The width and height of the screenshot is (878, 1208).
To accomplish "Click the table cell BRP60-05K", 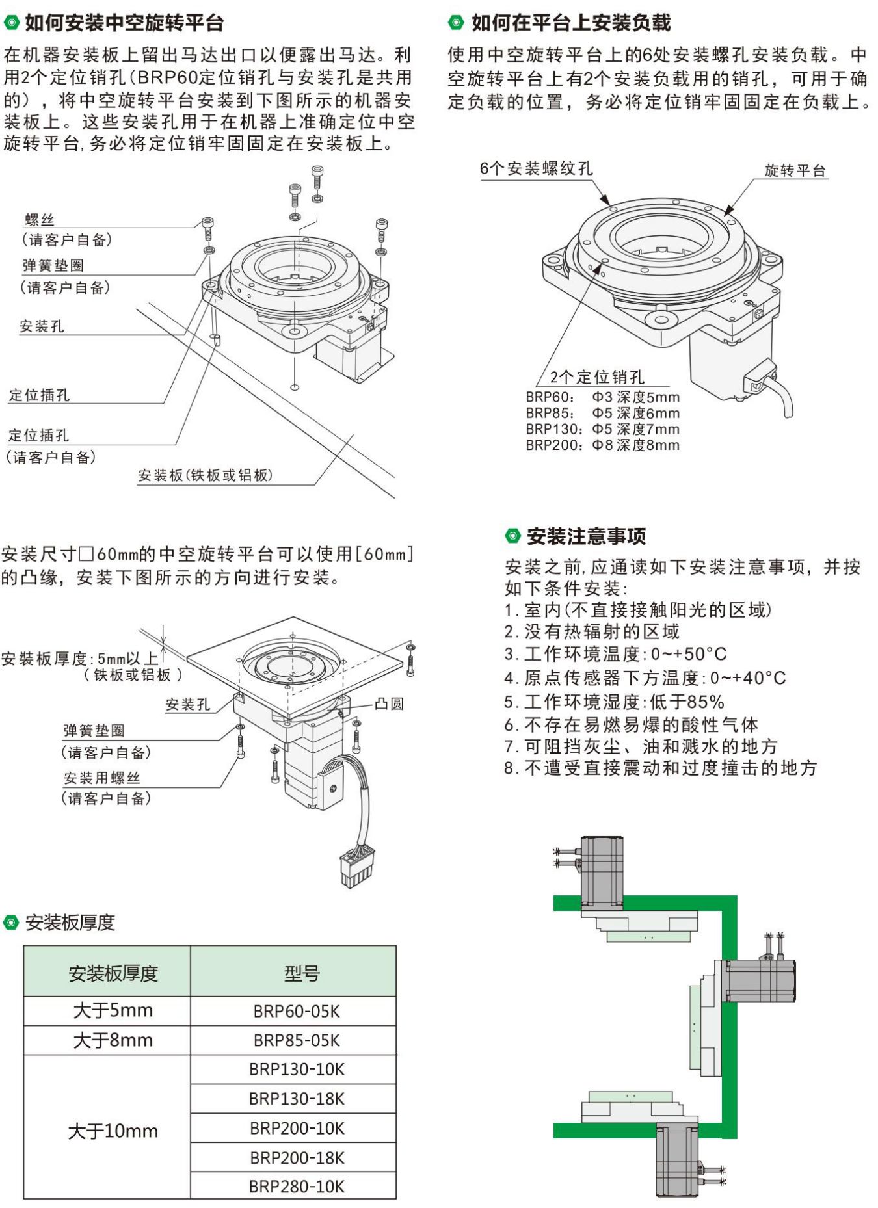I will [x=296, y=1011].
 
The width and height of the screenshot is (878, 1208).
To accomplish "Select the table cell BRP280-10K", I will [x=296, y=1187].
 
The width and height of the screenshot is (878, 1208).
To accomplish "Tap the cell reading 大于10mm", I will [x=113, y=1131].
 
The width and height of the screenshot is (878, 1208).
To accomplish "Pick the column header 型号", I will [x=301, y=973].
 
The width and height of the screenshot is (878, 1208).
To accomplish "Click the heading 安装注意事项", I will [x=585, y=536].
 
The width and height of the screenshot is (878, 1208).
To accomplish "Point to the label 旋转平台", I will [x=795, y=170].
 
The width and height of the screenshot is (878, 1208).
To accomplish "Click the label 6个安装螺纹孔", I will [x=536, y=168].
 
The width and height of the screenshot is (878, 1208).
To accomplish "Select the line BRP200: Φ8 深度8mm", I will [x=602, y=445].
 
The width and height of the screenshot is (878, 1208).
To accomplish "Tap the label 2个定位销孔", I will [x=596, y=377].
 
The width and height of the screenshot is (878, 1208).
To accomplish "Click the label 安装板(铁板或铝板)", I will [x=205, y=475].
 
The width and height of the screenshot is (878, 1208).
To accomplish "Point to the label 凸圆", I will [x=389, y=703].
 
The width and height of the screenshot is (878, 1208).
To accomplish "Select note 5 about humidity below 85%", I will [x=613, y=702].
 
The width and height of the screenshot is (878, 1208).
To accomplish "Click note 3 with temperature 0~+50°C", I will [x=615, y=653].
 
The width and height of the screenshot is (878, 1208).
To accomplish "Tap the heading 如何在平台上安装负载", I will [x=570, y=23].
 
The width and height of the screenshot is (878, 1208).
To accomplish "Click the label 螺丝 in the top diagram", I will [x=39, y=220].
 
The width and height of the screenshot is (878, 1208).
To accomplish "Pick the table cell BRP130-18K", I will [x=296, y=1099].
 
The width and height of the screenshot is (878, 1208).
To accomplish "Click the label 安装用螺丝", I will [x=101, y=778].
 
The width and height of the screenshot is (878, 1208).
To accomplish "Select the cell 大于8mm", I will [x=113, y=1040].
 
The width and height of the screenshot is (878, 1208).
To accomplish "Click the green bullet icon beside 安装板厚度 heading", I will [x=11, y=922].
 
